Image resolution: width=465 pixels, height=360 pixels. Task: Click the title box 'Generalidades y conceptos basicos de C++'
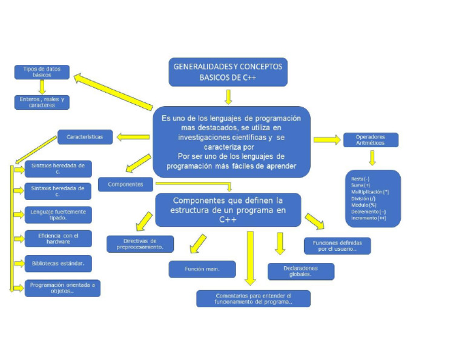[228, 72]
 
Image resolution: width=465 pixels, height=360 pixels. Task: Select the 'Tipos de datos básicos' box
[42, 72]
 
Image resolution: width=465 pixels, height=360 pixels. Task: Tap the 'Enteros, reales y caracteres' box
[42, 102]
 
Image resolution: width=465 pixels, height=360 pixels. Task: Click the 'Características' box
[85, 137]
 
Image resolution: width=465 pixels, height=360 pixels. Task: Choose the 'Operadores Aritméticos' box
[371, 140]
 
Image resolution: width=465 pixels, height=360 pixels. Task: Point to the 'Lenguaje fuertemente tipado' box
[58, 215]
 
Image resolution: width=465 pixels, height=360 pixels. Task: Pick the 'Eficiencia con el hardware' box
[58, 238]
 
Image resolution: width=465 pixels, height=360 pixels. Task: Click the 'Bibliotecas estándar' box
[58, 264]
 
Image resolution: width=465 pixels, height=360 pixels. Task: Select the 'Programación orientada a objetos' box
[62, 288]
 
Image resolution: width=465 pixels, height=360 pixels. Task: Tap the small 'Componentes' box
[125, 184]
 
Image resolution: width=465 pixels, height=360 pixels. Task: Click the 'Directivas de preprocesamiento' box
[140, 244]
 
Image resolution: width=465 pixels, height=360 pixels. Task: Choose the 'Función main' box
[202, 268]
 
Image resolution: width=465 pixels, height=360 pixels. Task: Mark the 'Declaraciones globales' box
[300, 271]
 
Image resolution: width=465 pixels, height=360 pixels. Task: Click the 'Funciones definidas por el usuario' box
[337, 245]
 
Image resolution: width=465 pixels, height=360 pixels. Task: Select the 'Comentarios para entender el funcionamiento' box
[253, 298]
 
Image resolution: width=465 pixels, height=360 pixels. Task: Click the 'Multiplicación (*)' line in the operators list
[370, 192]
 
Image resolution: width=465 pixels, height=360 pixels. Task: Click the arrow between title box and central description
[228, 97]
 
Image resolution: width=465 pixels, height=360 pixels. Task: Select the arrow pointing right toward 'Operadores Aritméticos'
[327, 140]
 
